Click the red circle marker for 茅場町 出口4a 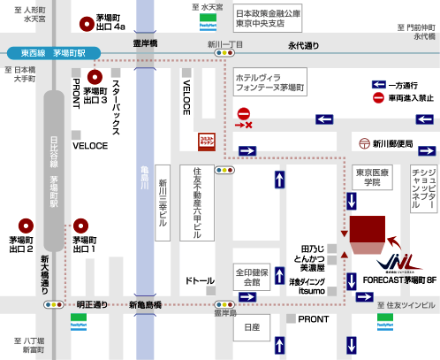coord(85,23)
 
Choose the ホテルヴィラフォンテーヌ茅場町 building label coord(269,84)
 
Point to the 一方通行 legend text coord(404,84)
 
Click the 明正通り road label coord(91,304)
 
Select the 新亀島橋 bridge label coord(147,304)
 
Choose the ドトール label coord(200,281)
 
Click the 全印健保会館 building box coord(252,276)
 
